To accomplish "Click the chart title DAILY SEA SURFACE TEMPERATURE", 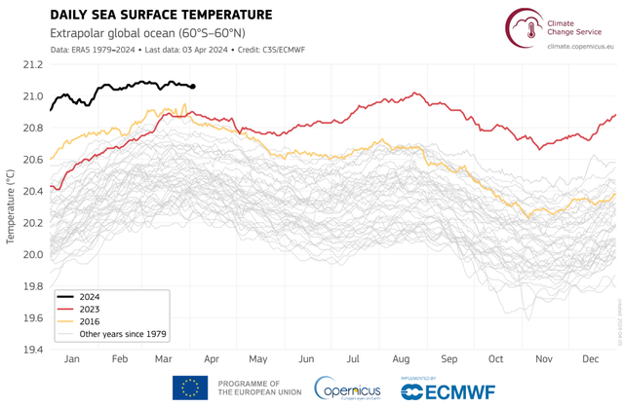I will (x=161, y=15).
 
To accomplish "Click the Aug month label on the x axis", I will (x=401, y=360).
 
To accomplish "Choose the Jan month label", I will (x=71, y=360).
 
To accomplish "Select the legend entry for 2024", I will (x=91, y=296).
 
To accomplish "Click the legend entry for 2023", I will (x=91, y=309).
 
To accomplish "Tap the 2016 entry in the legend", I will (x=91, y=321).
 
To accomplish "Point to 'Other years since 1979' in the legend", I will (x=121, y=334).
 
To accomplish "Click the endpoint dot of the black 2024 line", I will (x=192, y=87).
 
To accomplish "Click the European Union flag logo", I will (x=190, y=387).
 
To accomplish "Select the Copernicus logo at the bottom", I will (x=350, y=388).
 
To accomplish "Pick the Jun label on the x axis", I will (x=306, y=360).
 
